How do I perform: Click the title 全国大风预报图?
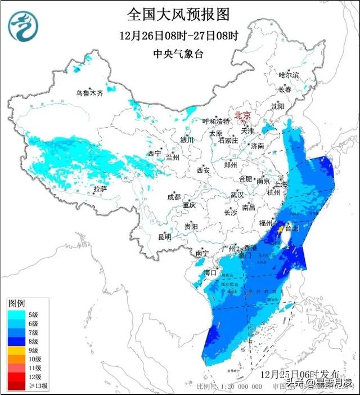[x=179, y=14]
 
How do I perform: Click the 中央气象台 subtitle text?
[x=179, y=54]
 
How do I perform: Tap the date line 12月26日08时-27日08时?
[x=179, y=35]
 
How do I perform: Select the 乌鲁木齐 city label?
[x=91, y=93]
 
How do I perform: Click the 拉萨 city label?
[x=100, y=188]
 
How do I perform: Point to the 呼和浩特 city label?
[x=216, y=122]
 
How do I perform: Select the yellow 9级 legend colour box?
[x=16, y=350]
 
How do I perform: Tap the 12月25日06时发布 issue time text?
[x=300, y=374]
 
